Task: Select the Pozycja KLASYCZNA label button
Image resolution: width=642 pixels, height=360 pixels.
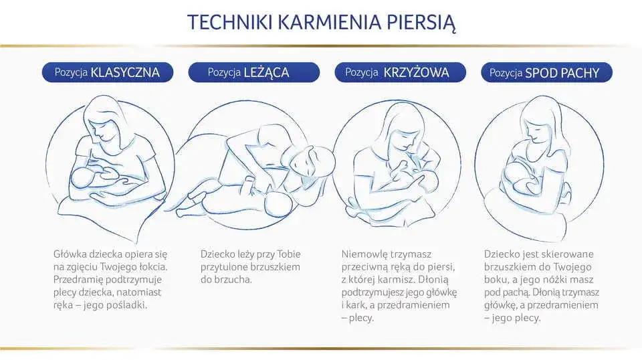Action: click(106, 72)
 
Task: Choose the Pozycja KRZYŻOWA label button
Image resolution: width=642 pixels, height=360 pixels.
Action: click(396, 72)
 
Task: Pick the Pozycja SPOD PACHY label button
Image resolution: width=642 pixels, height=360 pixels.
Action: click(545, 72)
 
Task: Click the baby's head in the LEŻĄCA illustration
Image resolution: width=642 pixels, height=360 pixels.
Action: click(274, 204)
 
